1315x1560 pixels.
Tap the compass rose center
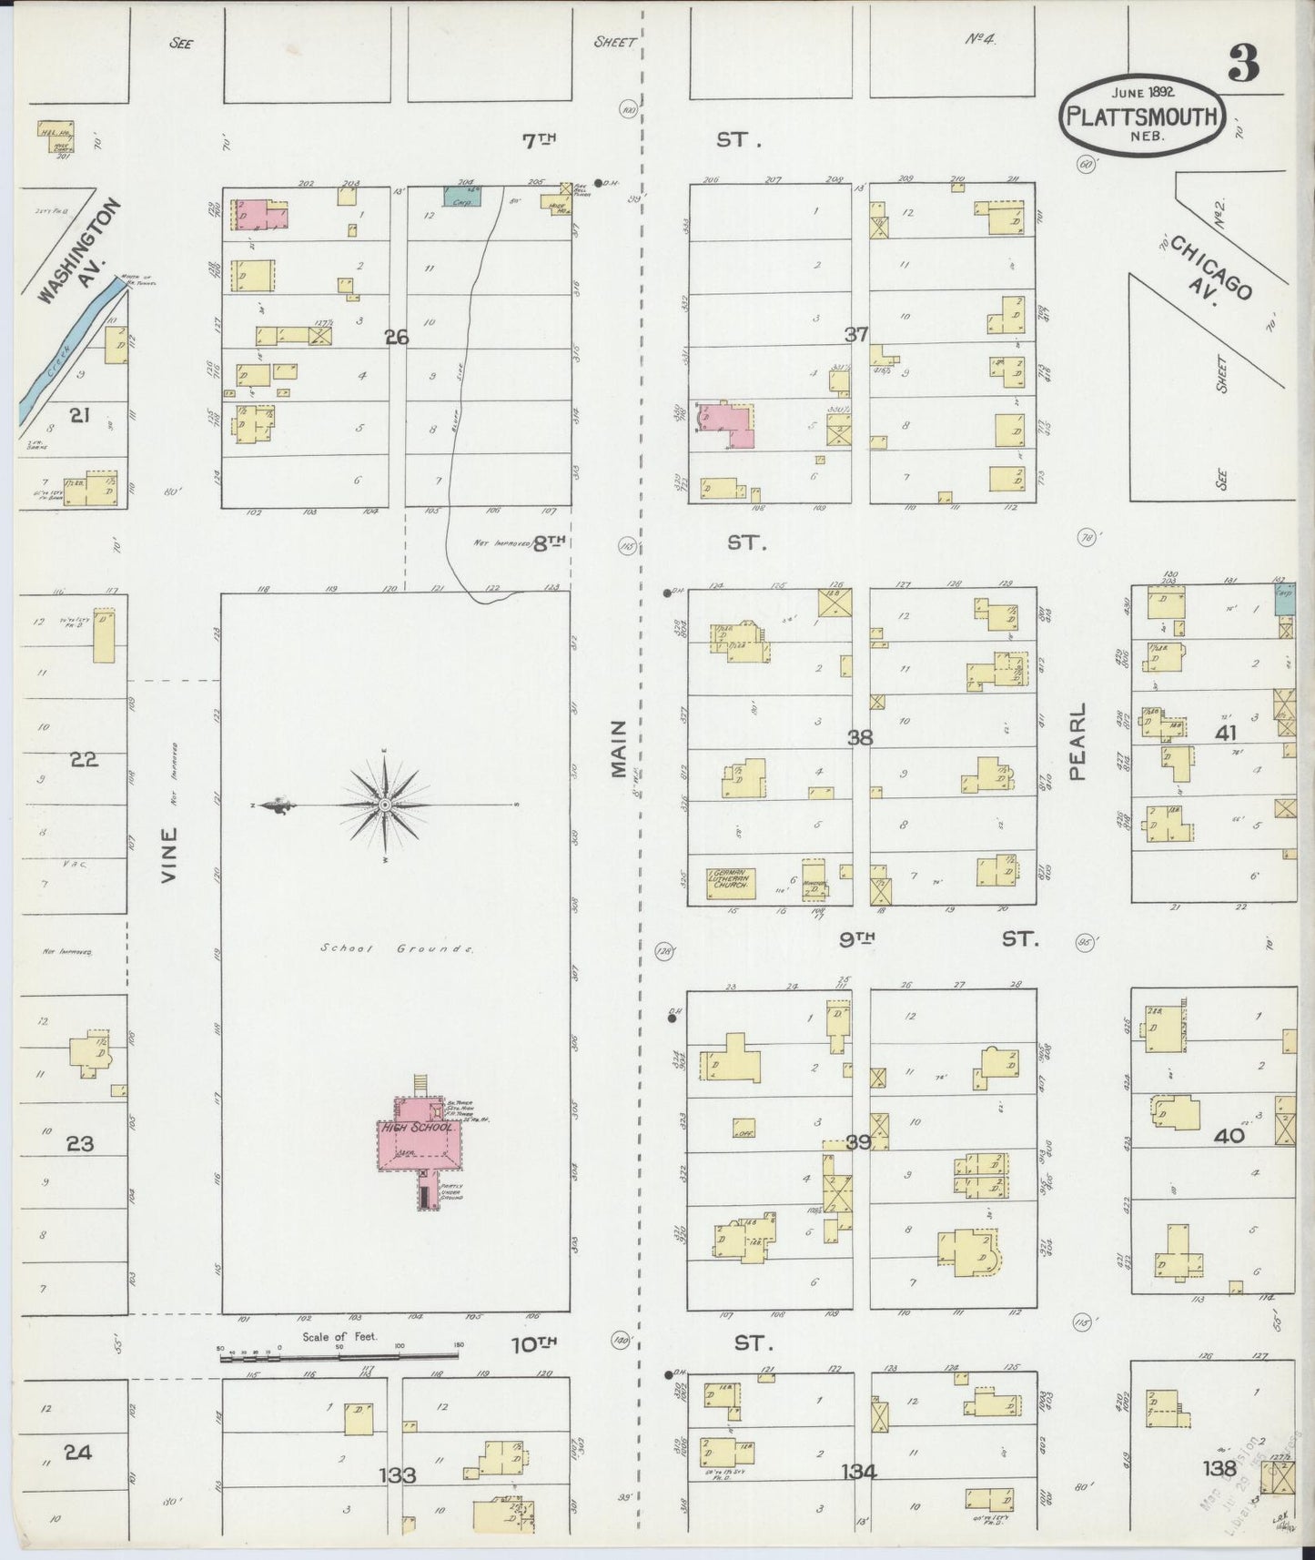click(384, 805)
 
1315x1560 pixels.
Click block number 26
click(397, 338)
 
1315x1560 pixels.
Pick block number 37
click(855, 334)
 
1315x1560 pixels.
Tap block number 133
click(397, 1475)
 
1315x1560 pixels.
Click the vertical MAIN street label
click(620, 749)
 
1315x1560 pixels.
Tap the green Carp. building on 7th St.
click(463, 194)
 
